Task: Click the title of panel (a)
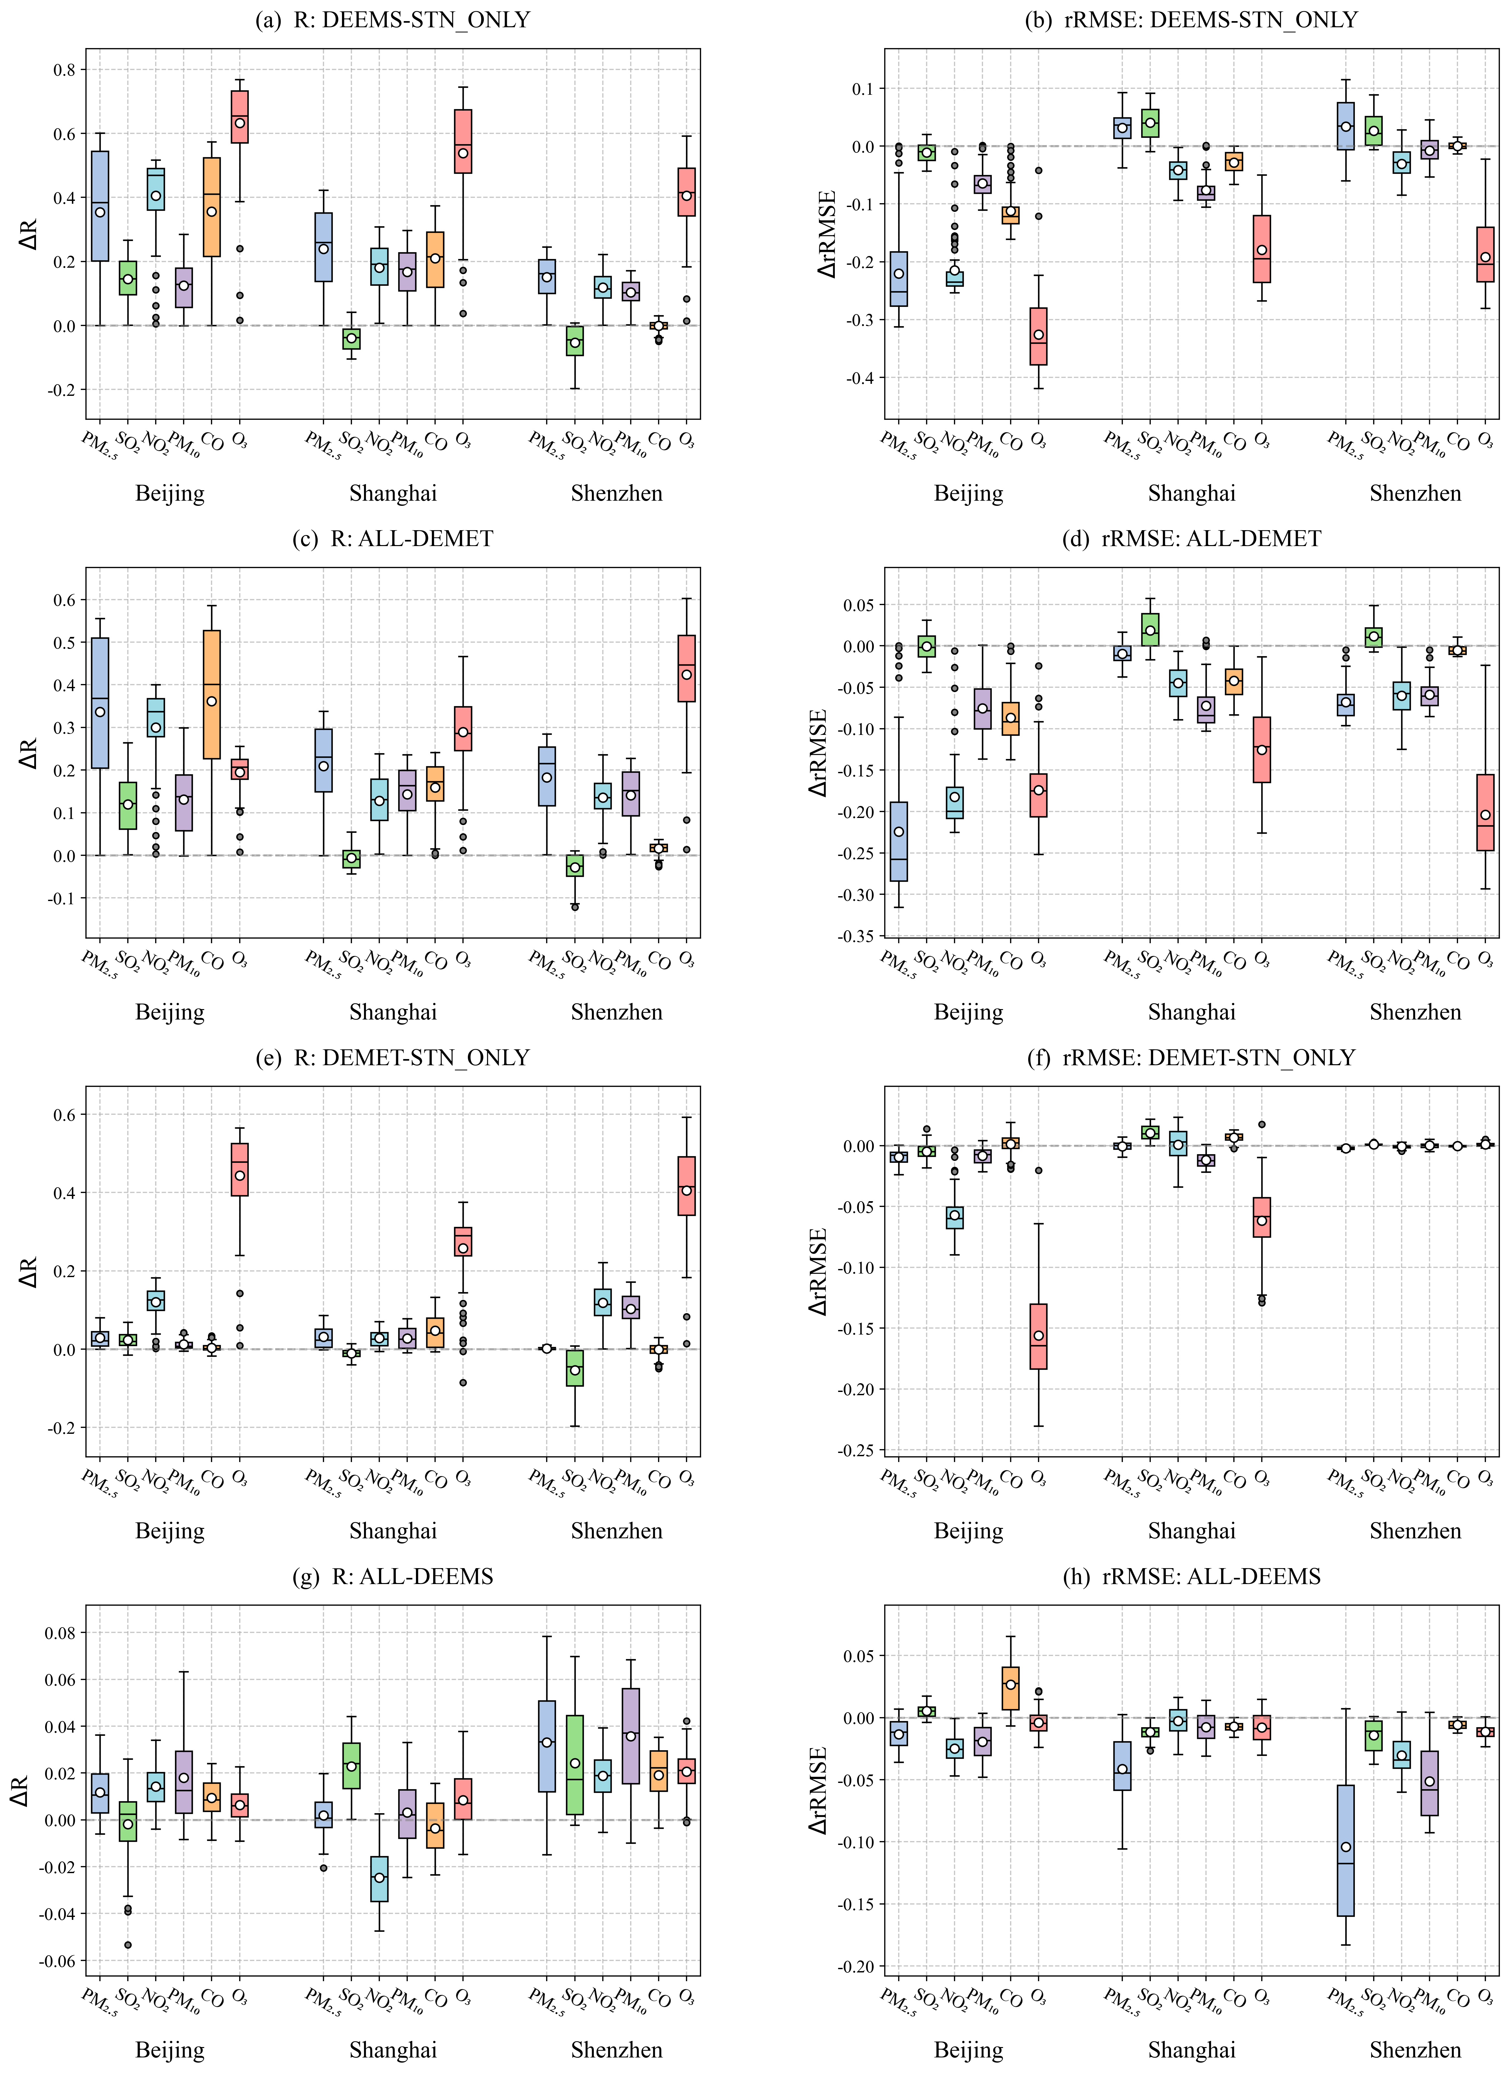pyautogui.click(x=392, y=19)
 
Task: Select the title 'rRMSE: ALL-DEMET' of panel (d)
pyautogui.click(x=1192, y=538)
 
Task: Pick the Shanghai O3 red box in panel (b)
pyautogui.click(x=1261, y=249)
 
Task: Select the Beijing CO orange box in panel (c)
pyautogui.click(x=211, y=695)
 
